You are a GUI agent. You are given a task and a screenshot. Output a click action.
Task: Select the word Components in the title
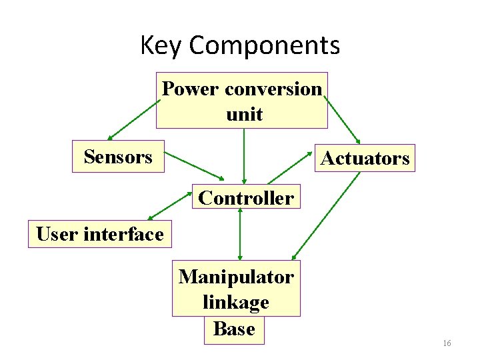coord(265,46)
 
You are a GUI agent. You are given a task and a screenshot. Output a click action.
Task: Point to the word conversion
coord(273,88)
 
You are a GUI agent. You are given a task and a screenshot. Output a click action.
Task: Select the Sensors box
coord(118,157)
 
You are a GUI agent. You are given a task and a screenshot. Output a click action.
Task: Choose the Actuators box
coord(365,159)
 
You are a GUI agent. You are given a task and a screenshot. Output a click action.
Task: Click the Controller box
coord(246,197)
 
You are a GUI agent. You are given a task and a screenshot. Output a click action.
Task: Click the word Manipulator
coord(236,276)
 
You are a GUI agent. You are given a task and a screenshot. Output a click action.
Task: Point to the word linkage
coord(236,302)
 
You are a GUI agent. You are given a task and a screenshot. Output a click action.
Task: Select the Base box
coord(234,329)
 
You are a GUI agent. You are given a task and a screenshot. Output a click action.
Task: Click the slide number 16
coord(447,343)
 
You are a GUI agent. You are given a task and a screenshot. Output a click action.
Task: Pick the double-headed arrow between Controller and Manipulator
coord(240,233)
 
